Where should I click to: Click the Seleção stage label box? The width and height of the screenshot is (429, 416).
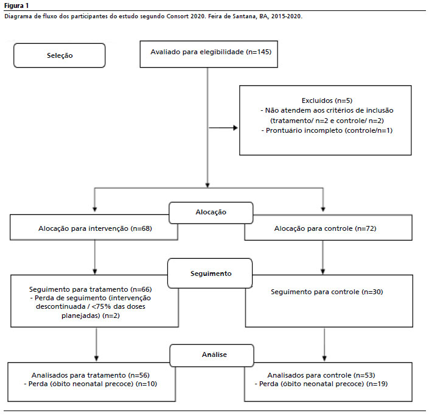(x=60, y=55)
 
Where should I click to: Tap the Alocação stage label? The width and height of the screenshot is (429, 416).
(x=211, y=213)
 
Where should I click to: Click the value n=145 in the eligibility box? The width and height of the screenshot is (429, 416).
(x=259, y=52)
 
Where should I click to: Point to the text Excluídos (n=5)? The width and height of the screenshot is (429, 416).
(x=327, y=100)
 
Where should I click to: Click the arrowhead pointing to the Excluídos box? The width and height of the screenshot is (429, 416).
(x=235, y=128)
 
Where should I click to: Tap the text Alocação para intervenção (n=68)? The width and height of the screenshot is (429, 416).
(x=95, y=228)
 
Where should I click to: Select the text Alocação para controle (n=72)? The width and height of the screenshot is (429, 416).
(x=325, y=228)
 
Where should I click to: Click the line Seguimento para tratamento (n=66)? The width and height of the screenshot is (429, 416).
(x=90, y=289)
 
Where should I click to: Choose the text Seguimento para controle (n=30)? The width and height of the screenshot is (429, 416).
(x=327, y=292)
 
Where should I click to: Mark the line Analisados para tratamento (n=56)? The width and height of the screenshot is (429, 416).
(x=90, y=375)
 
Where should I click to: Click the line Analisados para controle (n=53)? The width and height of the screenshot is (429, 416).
(x=321, y=375)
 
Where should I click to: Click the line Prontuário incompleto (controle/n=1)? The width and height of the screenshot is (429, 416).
(x=327, y=130)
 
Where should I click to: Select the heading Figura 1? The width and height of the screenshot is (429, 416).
(x=16, y=5)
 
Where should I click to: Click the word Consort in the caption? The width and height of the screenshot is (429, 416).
(x=178, y=16)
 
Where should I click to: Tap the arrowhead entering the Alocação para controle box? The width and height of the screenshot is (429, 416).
(x=323, y=210)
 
